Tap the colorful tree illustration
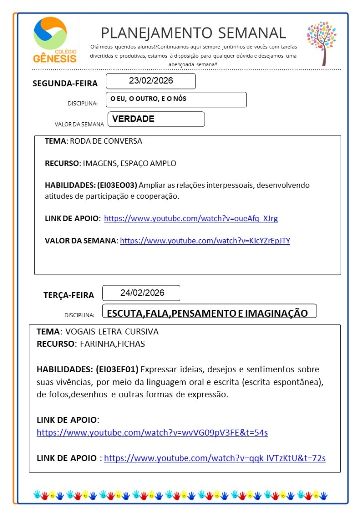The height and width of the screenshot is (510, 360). (x=321, y=43)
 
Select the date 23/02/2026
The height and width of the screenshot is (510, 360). (x=151, y=81)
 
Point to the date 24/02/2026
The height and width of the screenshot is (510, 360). (x=142, y=293)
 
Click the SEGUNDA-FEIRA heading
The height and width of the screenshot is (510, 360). (x=65, y=83)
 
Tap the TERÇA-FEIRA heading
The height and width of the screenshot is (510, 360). (x=68, y=295)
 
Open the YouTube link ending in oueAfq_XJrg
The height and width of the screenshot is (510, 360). (x=190, y=218)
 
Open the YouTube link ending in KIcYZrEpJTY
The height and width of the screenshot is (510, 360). (x=205, y=241)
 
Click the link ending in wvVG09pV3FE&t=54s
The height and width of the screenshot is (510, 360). (x=152, y=433)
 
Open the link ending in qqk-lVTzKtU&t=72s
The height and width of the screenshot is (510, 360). (x=214, y=458)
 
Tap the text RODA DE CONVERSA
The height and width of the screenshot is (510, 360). (x=106, y=141)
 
